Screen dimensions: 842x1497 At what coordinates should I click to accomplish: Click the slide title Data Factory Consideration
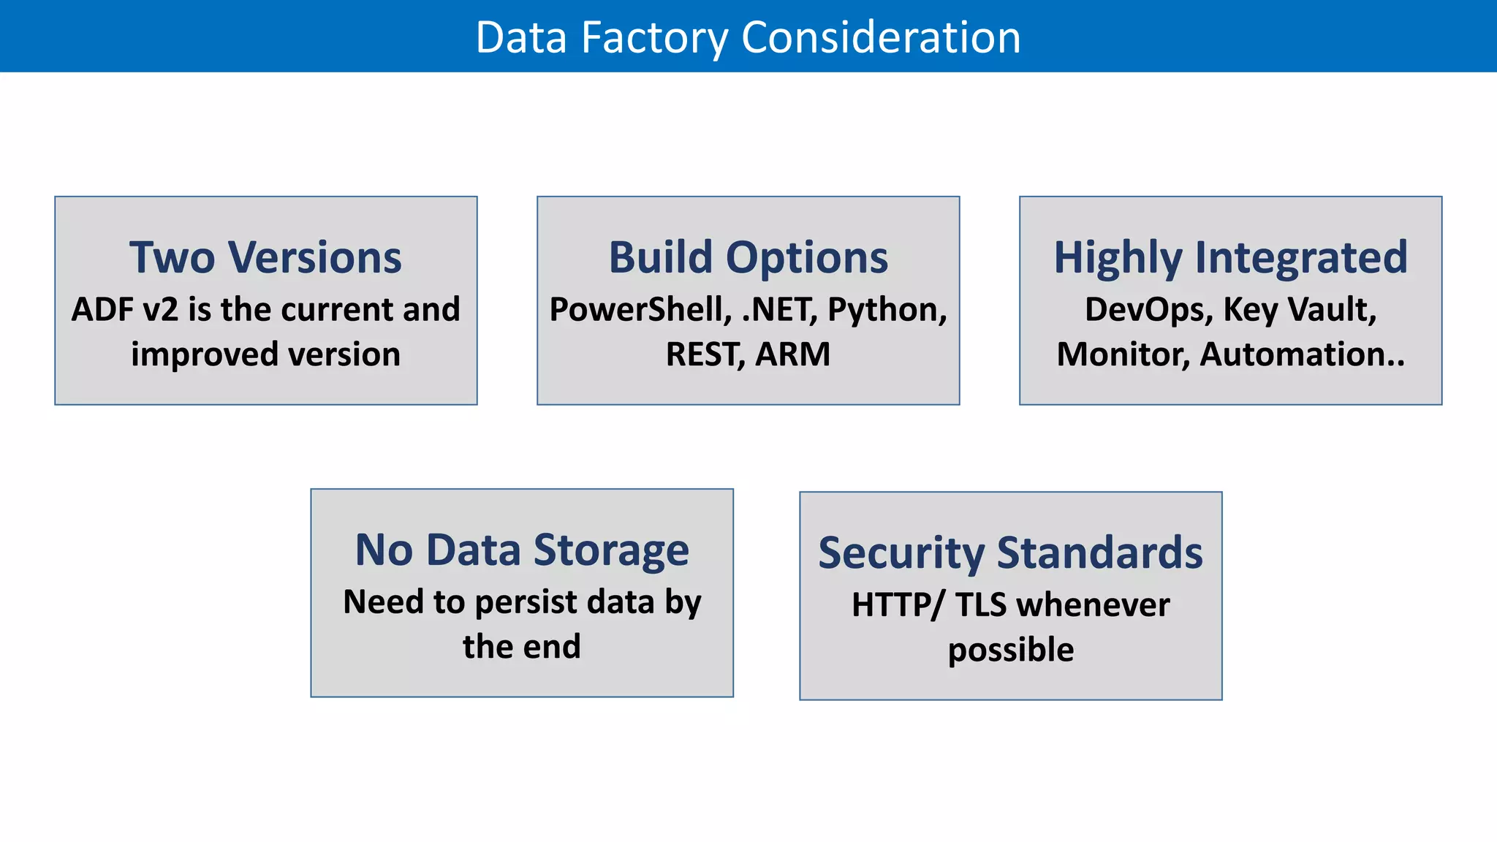748,37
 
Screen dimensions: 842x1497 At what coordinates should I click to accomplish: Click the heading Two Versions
265,258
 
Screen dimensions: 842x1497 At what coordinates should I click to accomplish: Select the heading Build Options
748,258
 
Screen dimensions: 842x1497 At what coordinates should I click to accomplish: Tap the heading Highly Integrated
1230,258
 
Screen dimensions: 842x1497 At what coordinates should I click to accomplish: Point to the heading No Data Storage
521,550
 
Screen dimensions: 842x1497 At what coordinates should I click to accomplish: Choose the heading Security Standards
1010,553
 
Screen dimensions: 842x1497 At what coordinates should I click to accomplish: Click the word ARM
793,354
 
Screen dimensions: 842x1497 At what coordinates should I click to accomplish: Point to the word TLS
980,605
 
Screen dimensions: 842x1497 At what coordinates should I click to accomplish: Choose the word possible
1011,650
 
